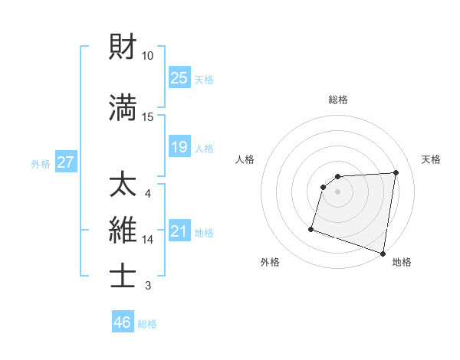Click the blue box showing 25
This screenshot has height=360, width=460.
179,77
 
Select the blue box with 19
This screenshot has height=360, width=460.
179,147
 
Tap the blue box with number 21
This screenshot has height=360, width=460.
179,231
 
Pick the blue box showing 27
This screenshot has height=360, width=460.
66,162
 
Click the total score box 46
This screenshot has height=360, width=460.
123,322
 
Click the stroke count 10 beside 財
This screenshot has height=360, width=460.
148,56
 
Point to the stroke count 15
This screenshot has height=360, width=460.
148,116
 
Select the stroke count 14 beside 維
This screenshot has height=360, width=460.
148,240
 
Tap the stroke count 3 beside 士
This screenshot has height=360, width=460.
148,286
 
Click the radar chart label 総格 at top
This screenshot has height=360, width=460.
338,100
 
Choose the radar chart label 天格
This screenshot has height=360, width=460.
431,159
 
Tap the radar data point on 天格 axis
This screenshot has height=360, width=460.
396,172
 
